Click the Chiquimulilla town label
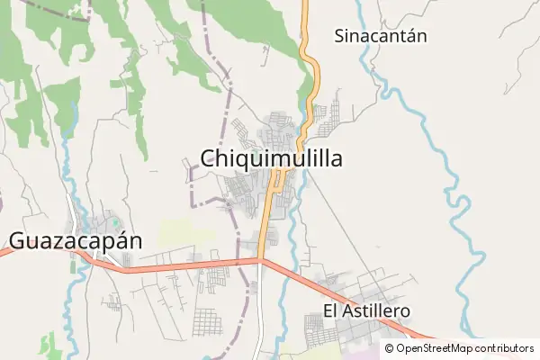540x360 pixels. [x=271, y=159]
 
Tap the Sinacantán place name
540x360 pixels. [x=380, y=37]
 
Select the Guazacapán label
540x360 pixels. [x=76, y=241]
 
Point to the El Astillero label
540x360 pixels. [x=366, y=310]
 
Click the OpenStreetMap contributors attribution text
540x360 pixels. [x=464, y=348]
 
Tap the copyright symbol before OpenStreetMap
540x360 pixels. [x=389, y=348]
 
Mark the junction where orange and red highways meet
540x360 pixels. [x=260, y=261]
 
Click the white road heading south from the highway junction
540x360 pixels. [x=260, y=315]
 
